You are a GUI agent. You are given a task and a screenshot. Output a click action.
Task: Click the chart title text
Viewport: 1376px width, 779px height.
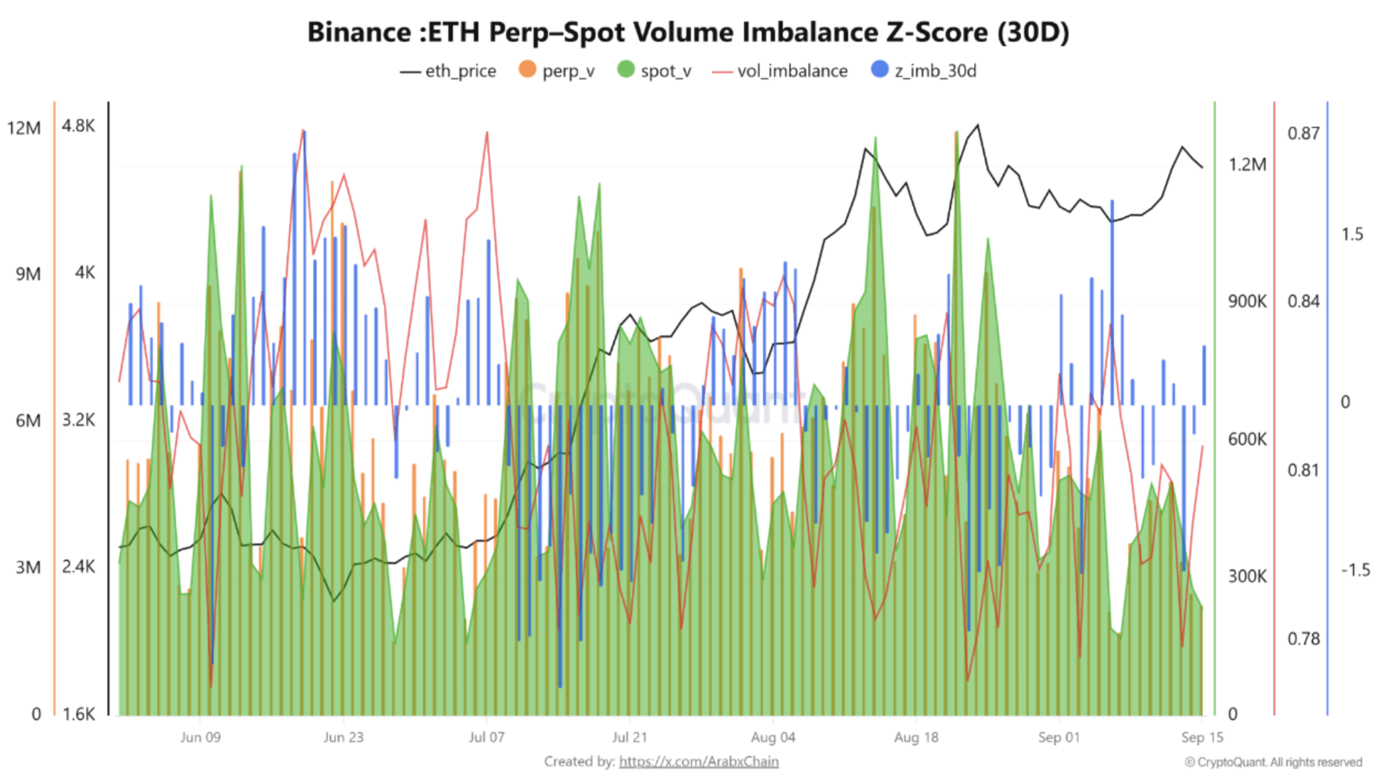point(687,33)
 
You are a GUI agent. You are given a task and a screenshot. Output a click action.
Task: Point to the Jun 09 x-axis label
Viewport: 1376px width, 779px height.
point(200,737)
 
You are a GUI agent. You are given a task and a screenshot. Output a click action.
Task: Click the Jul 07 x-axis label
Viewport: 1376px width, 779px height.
point(486,737)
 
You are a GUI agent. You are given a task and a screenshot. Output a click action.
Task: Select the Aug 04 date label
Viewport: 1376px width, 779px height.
point(772,737)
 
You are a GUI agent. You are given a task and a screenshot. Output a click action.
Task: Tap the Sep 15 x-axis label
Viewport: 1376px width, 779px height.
point(1201,737)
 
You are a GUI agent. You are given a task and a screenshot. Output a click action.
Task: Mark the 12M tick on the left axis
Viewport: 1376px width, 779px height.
point(24,128)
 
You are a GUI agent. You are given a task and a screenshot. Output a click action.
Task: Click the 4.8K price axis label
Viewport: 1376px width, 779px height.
point(78,126)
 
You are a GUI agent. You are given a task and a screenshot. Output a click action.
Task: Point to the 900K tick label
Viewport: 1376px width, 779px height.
point(1247,302)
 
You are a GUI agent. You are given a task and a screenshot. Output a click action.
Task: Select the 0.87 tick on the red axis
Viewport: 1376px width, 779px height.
point(1304,133)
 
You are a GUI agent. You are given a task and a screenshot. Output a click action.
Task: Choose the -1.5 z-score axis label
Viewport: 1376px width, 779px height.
point(1355,570)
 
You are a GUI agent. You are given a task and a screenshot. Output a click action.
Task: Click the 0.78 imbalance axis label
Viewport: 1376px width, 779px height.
point(1304,639)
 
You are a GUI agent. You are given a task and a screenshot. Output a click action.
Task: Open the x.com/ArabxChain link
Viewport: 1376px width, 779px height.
point(699,761)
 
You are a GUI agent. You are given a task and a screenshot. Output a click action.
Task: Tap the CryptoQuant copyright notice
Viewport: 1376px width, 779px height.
point(1273,762)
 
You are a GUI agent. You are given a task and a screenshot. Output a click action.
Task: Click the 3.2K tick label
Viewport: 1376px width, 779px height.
point(78,420)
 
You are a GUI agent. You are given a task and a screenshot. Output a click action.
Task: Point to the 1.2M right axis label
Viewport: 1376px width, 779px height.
point(1247,165)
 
